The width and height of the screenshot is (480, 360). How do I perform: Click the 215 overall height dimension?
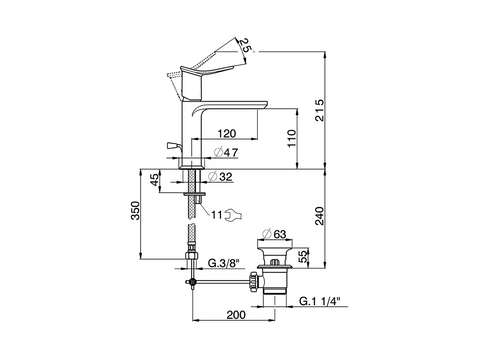coord(319,110)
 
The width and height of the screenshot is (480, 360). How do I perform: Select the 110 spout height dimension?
coord(291,139)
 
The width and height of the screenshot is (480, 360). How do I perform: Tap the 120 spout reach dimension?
coord(227,133)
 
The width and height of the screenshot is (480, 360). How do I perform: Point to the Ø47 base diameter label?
coord(226,152)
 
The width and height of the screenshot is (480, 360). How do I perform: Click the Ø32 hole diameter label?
coord(220,177)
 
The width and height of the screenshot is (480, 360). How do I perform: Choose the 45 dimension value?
coord(154,180)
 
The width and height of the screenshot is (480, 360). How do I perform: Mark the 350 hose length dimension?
coord(135,210)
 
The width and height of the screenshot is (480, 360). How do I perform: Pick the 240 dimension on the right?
coord(319,216)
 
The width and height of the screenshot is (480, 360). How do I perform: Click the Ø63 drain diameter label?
coord(274,234)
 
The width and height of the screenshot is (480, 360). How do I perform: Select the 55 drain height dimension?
coord(301,257)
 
